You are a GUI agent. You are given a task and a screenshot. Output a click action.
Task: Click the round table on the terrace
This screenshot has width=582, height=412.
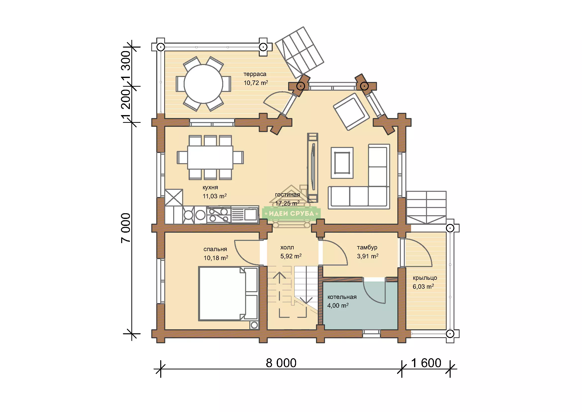[x=203, y=84]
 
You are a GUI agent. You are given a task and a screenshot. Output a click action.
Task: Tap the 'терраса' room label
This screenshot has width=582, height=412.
[x=255, y=74]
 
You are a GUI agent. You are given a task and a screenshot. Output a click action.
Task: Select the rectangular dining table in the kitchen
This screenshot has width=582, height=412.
[x=210, y=157]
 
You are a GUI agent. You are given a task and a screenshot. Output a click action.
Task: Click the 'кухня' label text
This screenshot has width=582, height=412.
[x=210, y=188]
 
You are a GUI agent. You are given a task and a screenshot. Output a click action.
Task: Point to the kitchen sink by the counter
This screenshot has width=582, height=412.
[x=245, y=215]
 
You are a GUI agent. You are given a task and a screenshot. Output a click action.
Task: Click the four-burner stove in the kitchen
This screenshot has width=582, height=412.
[x=218, y=215]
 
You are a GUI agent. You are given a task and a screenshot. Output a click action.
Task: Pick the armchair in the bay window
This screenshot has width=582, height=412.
[x=351, y=112]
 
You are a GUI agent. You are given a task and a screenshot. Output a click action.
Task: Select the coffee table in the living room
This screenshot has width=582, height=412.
[x=342, y=163]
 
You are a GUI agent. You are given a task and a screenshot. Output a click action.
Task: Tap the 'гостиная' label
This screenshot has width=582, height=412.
[x=287, y=195]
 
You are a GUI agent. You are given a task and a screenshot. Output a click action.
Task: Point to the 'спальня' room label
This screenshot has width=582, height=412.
[x=215, y=249]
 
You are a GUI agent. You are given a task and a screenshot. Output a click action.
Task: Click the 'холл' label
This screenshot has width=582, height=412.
[x=287, y=247]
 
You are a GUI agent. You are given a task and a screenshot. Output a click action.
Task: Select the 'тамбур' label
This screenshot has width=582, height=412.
[x=367, y=247]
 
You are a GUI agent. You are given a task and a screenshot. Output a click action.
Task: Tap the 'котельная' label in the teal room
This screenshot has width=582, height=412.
[x=342, y=297]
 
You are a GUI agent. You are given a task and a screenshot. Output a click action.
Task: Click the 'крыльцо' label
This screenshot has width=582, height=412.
[x=425, y=278]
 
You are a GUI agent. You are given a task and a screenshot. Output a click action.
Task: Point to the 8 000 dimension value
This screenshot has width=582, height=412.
[x=281, y=363]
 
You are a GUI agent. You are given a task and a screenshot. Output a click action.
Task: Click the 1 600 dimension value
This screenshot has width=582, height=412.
[x=426, y=363]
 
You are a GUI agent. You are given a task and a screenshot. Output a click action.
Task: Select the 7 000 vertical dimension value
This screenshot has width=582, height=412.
[x=126, y=228]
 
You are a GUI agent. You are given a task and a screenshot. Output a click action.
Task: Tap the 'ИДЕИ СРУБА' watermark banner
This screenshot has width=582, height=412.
[x=292, y=214]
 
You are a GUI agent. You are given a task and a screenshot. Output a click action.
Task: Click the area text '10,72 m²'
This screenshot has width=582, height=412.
[x=256, y=83]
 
